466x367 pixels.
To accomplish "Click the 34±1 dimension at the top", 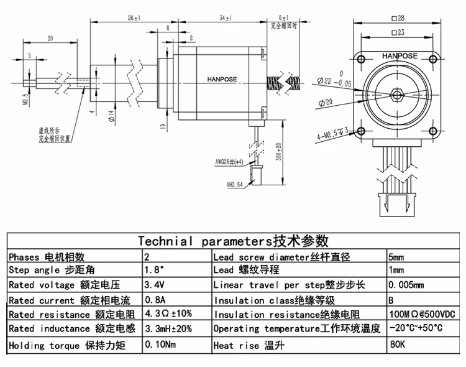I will [222, 19].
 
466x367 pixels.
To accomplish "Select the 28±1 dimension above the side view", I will [133, 19].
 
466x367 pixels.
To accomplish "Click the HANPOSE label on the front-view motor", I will [400, 55].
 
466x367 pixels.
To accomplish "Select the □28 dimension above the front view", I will [399, 19].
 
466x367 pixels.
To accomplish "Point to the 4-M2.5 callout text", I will [333, 131].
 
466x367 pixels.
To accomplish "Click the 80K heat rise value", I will [395, 345].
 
